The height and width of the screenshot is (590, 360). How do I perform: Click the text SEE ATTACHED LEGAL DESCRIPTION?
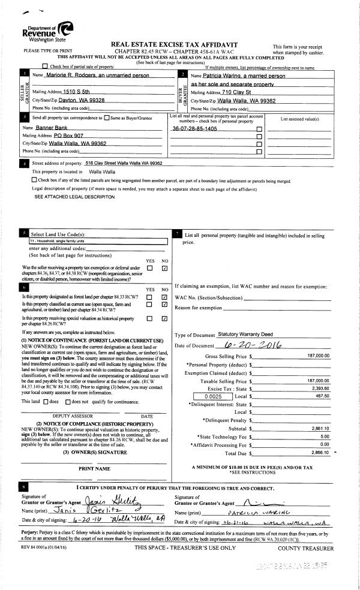click(x=74, y=197)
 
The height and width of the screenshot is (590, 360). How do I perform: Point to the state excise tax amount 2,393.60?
click(x=320, y=389)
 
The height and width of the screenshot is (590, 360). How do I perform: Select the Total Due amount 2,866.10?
click(x=320, y=453)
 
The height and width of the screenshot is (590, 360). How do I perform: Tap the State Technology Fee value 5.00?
click(x=325, y=437)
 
